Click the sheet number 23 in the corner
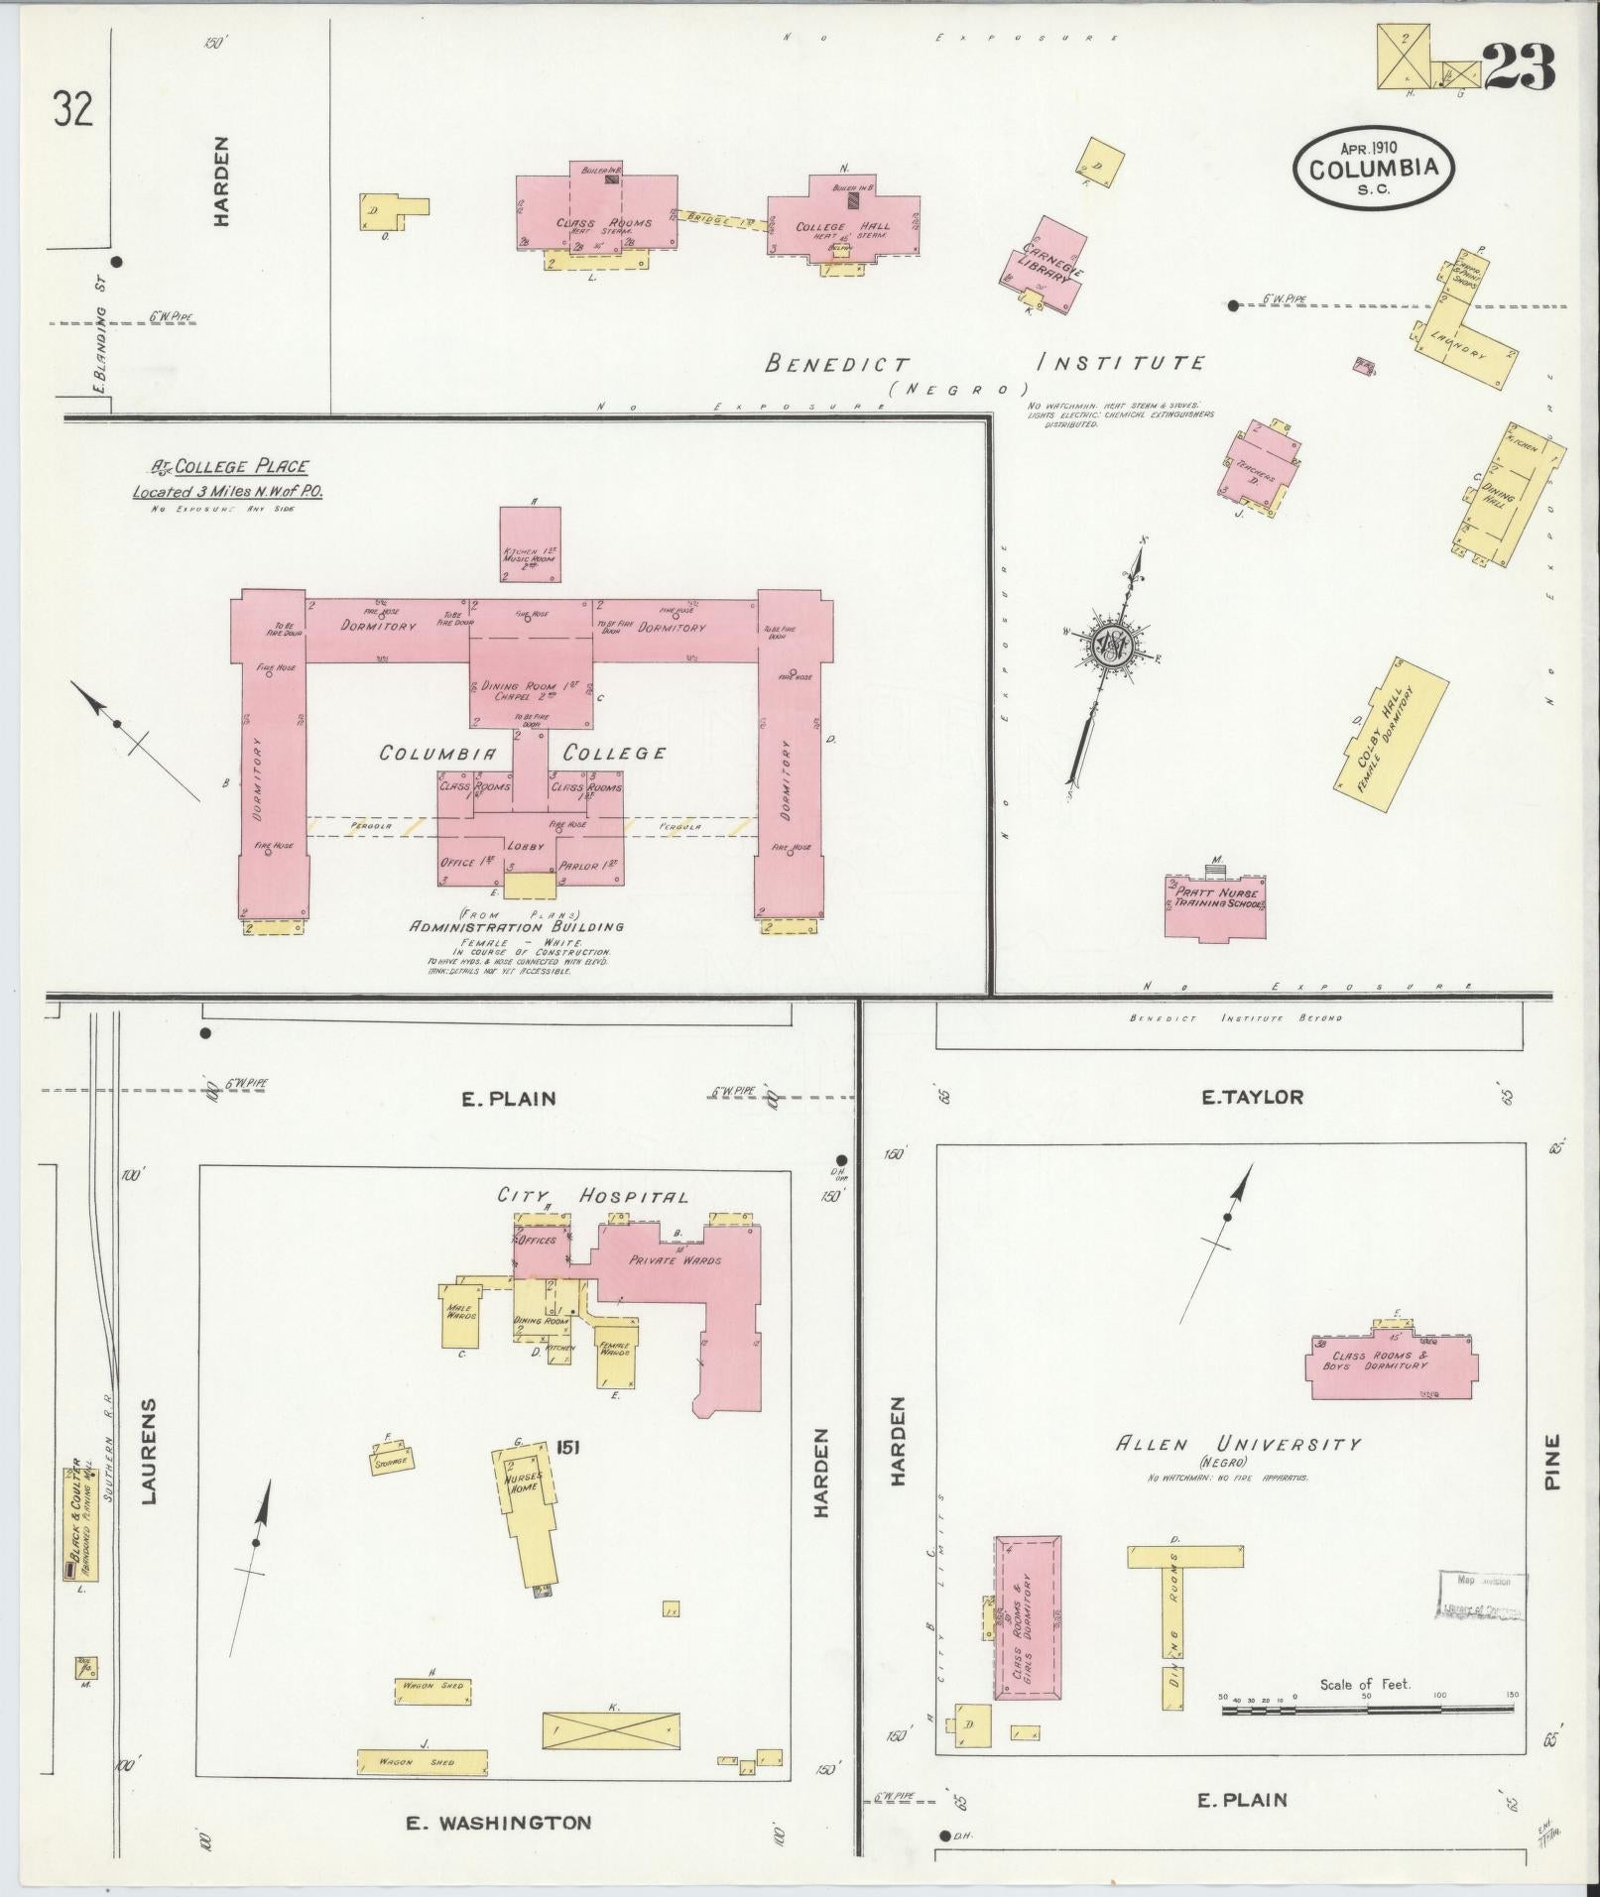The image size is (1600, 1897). pos(1519,67)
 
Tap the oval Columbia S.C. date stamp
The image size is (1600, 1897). pos(1373,169)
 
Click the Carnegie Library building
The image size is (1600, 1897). pos(1046,266)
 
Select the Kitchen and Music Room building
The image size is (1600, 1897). pos(530,543)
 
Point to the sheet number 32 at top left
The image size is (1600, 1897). pos(74,108)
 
